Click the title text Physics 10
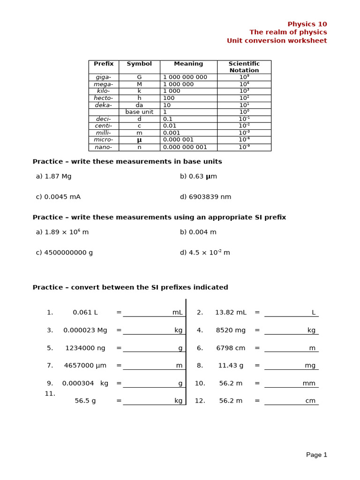[307, 24]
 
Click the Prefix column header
[104, 64]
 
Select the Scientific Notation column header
[244, 67]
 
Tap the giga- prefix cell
[104, 77]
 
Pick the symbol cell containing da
[139, 105]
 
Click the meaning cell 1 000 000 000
[185, 77]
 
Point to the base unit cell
[139, 112]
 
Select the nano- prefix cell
[104, 147]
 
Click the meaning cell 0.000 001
[178, 140]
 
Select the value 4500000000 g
[68, 253]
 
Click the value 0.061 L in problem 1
[85, 313]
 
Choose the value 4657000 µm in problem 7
[85, 366]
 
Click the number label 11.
[50, 394]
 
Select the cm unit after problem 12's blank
[310, 401]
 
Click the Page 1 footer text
[316, 455]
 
